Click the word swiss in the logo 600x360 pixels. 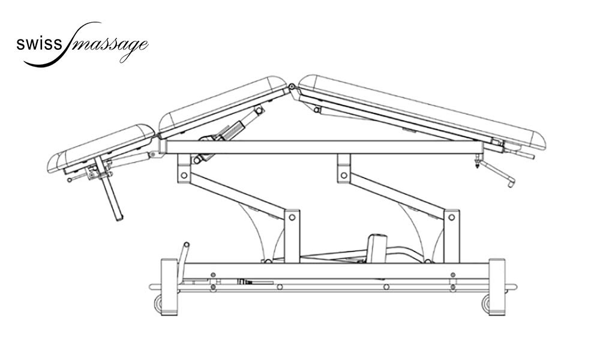pyautogui.click(x=38, y=44)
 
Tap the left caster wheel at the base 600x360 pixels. pyautogui.click(x=158, y=304)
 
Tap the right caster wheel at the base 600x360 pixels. pyautogui.click(x=487, y=304)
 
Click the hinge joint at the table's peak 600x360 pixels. pyautogui.click(x=292, y=87)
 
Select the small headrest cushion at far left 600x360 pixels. pyautogui.click(x=101, y=148)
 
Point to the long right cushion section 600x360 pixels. pyautogui.click(x=422, y=112)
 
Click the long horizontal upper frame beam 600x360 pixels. pyautogui.click(x=322, y=147)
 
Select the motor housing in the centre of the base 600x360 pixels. pyautogui.click(x=377, y=248)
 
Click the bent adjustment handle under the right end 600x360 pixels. pyautogui.click(x=497, y=173)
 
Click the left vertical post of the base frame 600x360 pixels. pyautogui.click(x=169, y=287)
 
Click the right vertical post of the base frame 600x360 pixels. pyautogui.click(x=497, y=287)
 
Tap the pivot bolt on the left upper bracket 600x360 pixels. pyautogui.click(x=184, y=176)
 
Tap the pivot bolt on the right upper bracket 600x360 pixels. pyautogui.click(x=344, y=176)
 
